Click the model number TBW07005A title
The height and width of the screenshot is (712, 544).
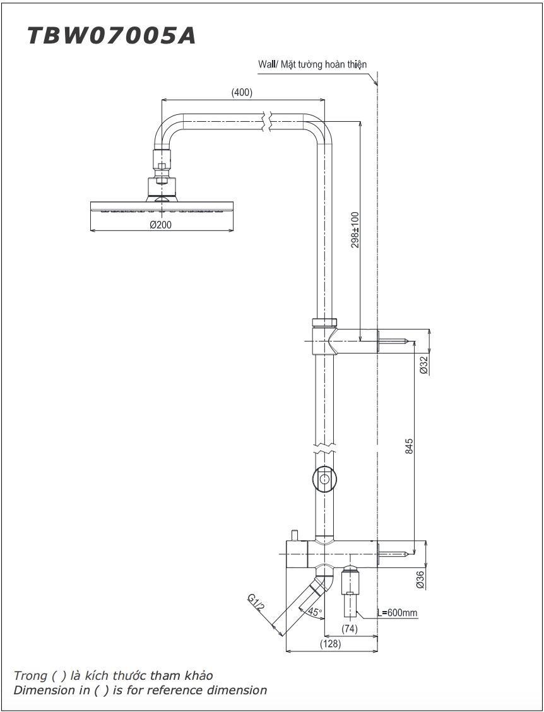click(111, 36)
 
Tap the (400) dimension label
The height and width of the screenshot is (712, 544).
click(242, 92)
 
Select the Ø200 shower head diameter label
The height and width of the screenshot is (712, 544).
click(160, 225)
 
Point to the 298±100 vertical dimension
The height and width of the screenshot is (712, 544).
click(355, 230)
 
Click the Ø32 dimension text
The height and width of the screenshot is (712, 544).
click(423, 365)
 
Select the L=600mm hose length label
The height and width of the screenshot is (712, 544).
click(398, 613)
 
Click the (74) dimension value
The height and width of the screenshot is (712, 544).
click(350, 629)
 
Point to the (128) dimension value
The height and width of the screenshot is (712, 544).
click(331, 644)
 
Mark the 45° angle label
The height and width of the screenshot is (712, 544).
click(314, 612)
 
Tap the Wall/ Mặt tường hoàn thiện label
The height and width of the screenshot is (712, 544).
click(312, 64)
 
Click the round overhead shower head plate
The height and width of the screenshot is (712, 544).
click(162, 207)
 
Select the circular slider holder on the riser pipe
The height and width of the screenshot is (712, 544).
click(324, 480)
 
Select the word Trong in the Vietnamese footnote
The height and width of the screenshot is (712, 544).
click(30, 675)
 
